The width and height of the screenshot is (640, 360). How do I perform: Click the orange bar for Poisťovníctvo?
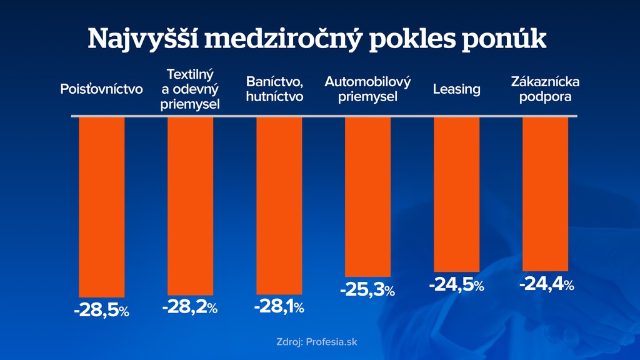[x=101, y=206]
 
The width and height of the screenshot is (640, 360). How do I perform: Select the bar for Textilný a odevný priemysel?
[x=191, y=205]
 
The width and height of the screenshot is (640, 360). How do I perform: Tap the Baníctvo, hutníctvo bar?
[x=279, y=205]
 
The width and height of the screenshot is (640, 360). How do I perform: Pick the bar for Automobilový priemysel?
[x=368, y=196]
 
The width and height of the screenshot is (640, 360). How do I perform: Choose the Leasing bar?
[x=457, y=194]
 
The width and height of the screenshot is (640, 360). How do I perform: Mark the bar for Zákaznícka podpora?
[x=546, y=193]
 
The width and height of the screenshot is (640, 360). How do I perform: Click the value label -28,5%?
[x=101, y=310]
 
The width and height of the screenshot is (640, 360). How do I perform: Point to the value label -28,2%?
[x=190, y=307]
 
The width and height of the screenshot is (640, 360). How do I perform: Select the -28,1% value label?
[x=279, y=307]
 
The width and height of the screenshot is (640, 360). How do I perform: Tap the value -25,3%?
[x=367, y=290]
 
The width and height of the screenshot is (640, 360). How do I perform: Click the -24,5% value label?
[x=457, y=286]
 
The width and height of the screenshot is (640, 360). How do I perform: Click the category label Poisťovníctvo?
[x=101, y=89]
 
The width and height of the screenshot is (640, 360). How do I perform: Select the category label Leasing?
[x=457, y=89]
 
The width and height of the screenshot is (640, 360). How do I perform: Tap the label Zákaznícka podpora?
[x=546, y=89]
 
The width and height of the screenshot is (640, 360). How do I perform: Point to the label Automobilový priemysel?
[x=368, y=89]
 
